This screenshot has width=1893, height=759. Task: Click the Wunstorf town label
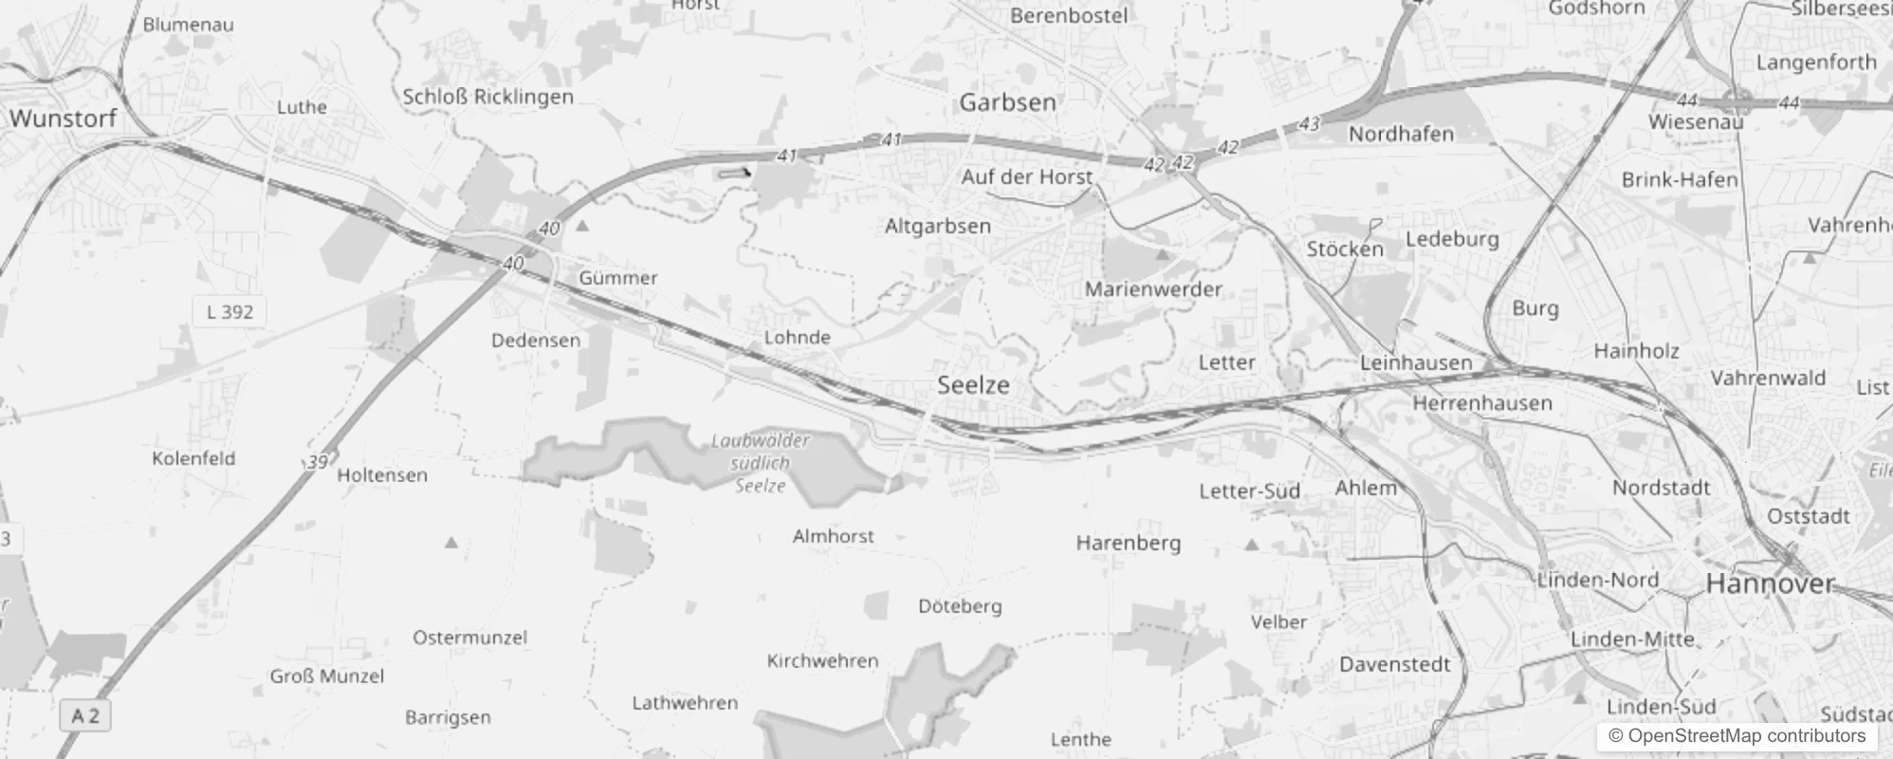[x=63, y=119]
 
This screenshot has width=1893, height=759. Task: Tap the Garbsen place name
[x=1007, y=102]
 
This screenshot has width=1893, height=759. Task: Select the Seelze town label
[x=973, y=384]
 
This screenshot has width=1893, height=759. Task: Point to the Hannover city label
[x=1770, y=583]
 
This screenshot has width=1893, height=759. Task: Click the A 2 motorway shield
[x=85, y=715]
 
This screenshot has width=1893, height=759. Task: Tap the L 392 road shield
[x=230, y=311]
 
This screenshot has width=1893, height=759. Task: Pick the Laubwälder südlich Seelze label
[x=761, y=463]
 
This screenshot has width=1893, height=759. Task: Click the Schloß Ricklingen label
[x=488, y=97]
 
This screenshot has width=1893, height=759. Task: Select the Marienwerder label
[x=1153, y=289]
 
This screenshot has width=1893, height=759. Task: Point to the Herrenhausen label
[x=1482, y=403]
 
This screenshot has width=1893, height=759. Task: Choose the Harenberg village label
[x=1128, y=543]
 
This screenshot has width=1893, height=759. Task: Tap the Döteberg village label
[x=960, y=605]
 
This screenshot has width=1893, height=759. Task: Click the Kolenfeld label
[x=193, y=458]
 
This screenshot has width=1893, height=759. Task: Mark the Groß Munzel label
[x=327, y=676]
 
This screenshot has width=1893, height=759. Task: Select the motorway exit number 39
[x=318, y=462]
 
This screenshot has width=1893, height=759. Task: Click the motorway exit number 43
[x=1310, y=123]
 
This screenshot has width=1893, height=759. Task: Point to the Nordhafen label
[x=1401, y=135]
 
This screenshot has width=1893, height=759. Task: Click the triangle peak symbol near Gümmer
[x=582, y=226]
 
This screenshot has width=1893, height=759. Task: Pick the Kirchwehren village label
[x=822, y=661]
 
